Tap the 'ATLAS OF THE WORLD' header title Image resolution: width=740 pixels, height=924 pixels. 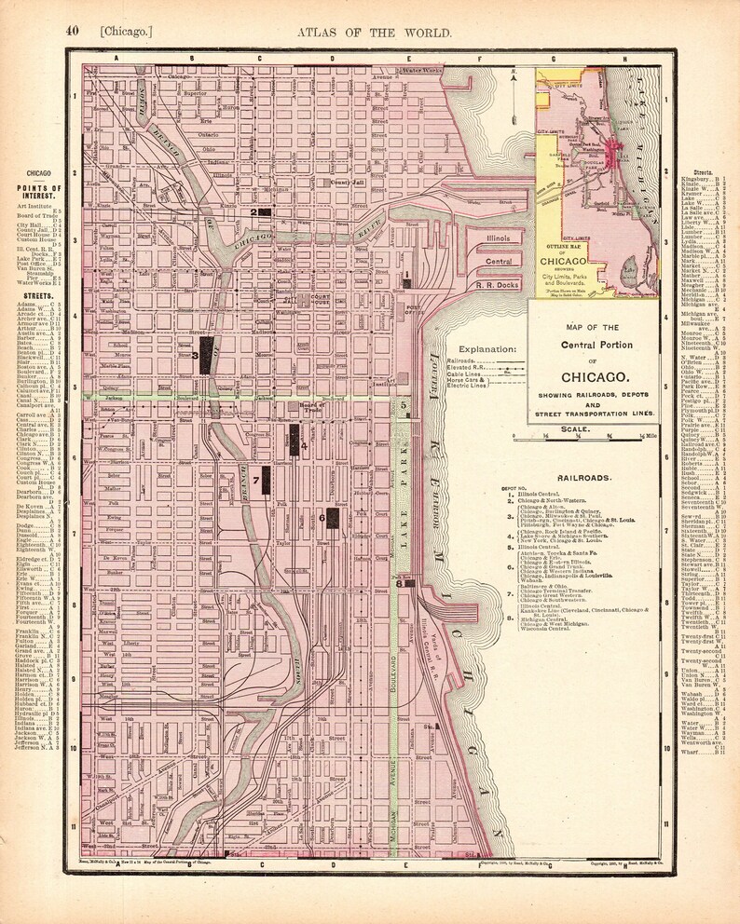pyautogui.click(x=375, y=33)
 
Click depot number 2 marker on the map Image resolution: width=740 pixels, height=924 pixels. pyautogui.click(x=264, y=212)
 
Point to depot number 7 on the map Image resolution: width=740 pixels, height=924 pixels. pyautogui.click(x=266, y=481)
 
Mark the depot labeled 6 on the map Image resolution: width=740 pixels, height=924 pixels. pyautogui.click(x=332, y=517)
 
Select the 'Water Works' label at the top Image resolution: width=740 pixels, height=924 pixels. pyautogui.click(x=419, y=71)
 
